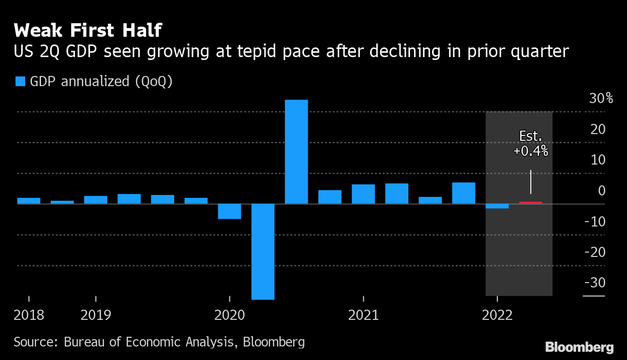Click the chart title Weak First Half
pyautogui.click(x=88, y=30)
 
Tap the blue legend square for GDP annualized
pyautogui.click(x=20, y=81)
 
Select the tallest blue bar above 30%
pyautogui.click(x=296, y=151)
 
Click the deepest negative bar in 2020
pyautogui.click(x=263, y=251)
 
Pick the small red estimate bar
pyautogui.click(x=530, y=202)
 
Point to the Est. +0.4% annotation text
pyautogui.click(x=531, y=144)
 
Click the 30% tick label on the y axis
pyautogui.click(x=601, y=99)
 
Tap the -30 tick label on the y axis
pyautogui.click(x=595, y=282)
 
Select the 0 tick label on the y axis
pyautogui.click(x=601, y=191)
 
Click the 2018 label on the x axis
pyautogui.click(x=29, y=315)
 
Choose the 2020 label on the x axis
pyautogui.click(x=229, y=315)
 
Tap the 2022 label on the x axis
pyautogui.click(x=497, y=315)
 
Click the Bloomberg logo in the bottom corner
pyautogui.click(x=579, y=347)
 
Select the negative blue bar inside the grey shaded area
pyautogui.click(x=497, y=206)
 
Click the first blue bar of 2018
pyautogui.click(x=29, y=201)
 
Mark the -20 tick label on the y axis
pyautogui.click(x=595, y=252)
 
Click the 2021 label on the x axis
pyautogui.click(x=363, y=315)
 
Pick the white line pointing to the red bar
pyautogui.click(x=531, y=181)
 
